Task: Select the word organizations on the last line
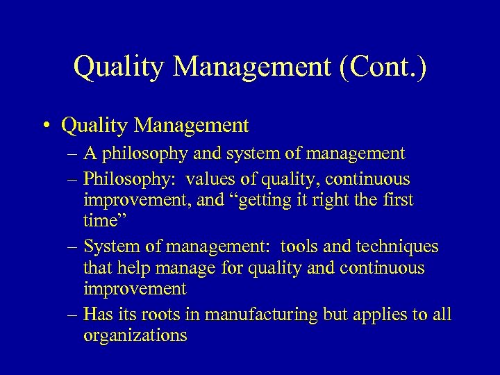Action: pos(135,336)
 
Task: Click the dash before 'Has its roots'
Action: pos(73,315)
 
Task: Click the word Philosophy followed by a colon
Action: pos(128,178)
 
